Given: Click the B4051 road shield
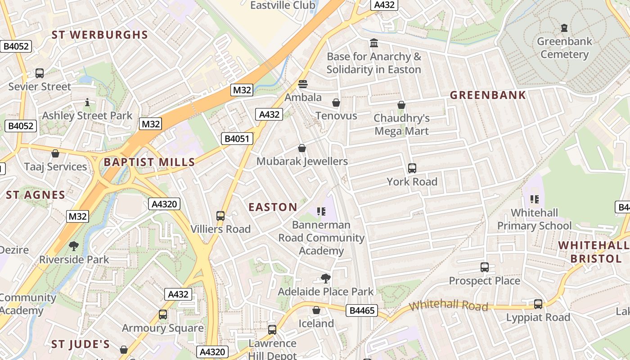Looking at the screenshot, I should tap(237, 139).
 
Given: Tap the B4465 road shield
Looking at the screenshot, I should tap(362, 310).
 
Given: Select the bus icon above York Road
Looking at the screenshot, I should tap(412, 168).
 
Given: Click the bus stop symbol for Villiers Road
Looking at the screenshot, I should tap(220, 216).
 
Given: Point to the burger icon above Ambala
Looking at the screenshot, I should tap(302, 84).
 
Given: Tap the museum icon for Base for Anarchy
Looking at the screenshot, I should tap(373, 43).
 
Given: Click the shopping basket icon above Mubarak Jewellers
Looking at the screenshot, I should tap(301, 148).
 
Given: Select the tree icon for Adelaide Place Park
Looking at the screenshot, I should tap(325, 279).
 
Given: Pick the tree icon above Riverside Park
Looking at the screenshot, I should tap(74, 246).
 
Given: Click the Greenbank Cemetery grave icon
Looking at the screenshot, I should tap(564, 28).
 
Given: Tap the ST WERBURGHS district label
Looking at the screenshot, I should tap(99, 35).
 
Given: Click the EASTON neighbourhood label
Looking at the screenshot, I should tap(273, 207).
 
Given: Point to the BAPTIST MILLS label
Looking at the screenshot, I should tap(149, 162).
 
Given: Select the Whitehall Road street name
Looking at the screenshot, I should tap(449, 305).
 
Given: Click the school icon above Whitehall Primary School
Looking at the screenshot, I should tap(534, 199).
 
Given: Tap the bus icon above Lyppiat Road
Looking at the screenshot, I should tap(538, 304).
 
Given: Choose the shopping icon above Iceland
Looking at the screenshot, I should tap(316, 310).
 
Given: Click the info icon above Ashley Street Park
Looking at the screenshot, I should tap(87, 103).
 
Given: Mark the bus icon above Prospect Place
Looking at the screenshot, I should tap(484, 267).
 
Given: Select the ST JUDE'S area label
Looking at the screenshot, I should tap(81, 344).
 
